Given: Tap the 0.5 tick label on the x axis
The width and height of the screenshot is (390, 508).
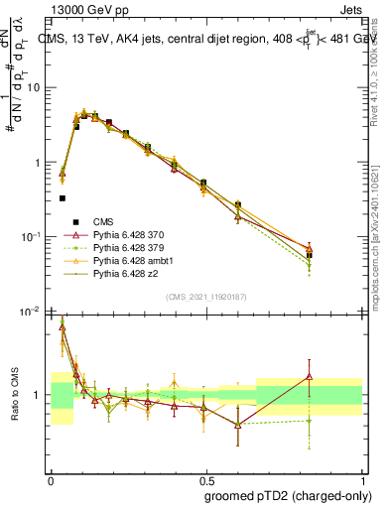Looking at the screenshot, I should click(206, 479).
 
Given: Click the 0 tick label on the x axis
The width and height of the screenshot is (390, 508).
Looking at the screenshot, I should click(51, 479).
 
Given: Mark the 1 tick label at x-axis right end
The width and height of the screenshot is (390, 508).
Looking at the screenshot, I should click(363, 479).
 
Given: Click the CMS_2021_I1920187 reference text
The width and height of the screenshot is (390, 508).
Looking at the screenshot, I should click(205, 296).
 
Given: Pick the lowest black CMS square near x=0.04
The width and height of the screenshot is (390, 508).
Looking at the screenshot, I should click(63, 198).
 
